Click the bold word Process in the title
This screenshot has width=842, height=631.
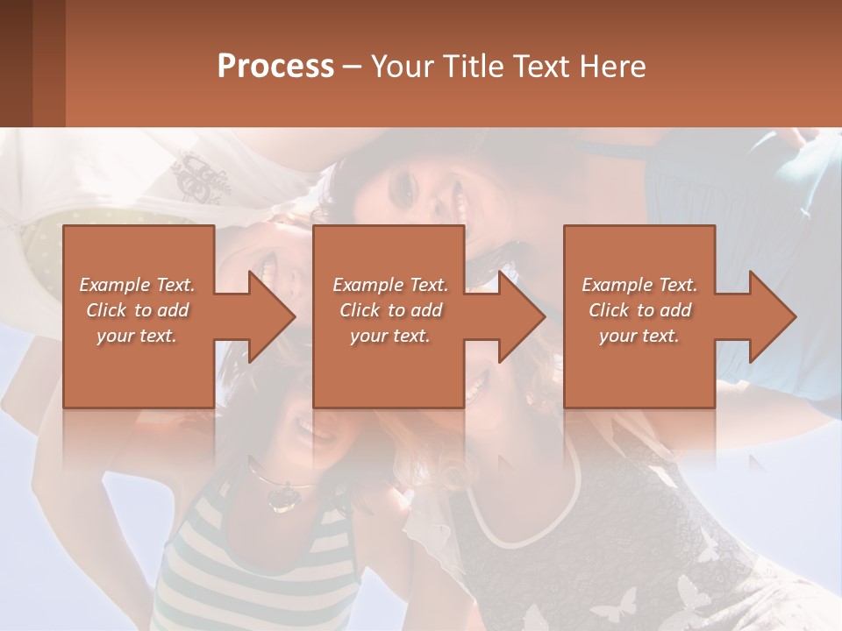(x=275, y=67)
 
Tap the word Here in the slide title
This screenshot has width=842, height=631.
(x=612, y=67)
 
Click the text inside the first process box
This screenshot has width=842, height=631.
(x=137, y=310)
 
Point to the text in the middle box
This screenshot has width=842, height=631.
(x=389, y=310)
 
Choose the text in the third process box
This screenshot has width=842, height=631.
(x=639, y=310)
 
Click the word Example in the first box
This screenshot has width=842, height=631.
(x=113, y=285)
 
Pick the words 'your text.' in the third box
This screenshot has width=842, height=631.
(x=639, y=336)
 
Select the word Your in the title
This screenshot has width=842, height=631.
(x=402, y=67)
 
